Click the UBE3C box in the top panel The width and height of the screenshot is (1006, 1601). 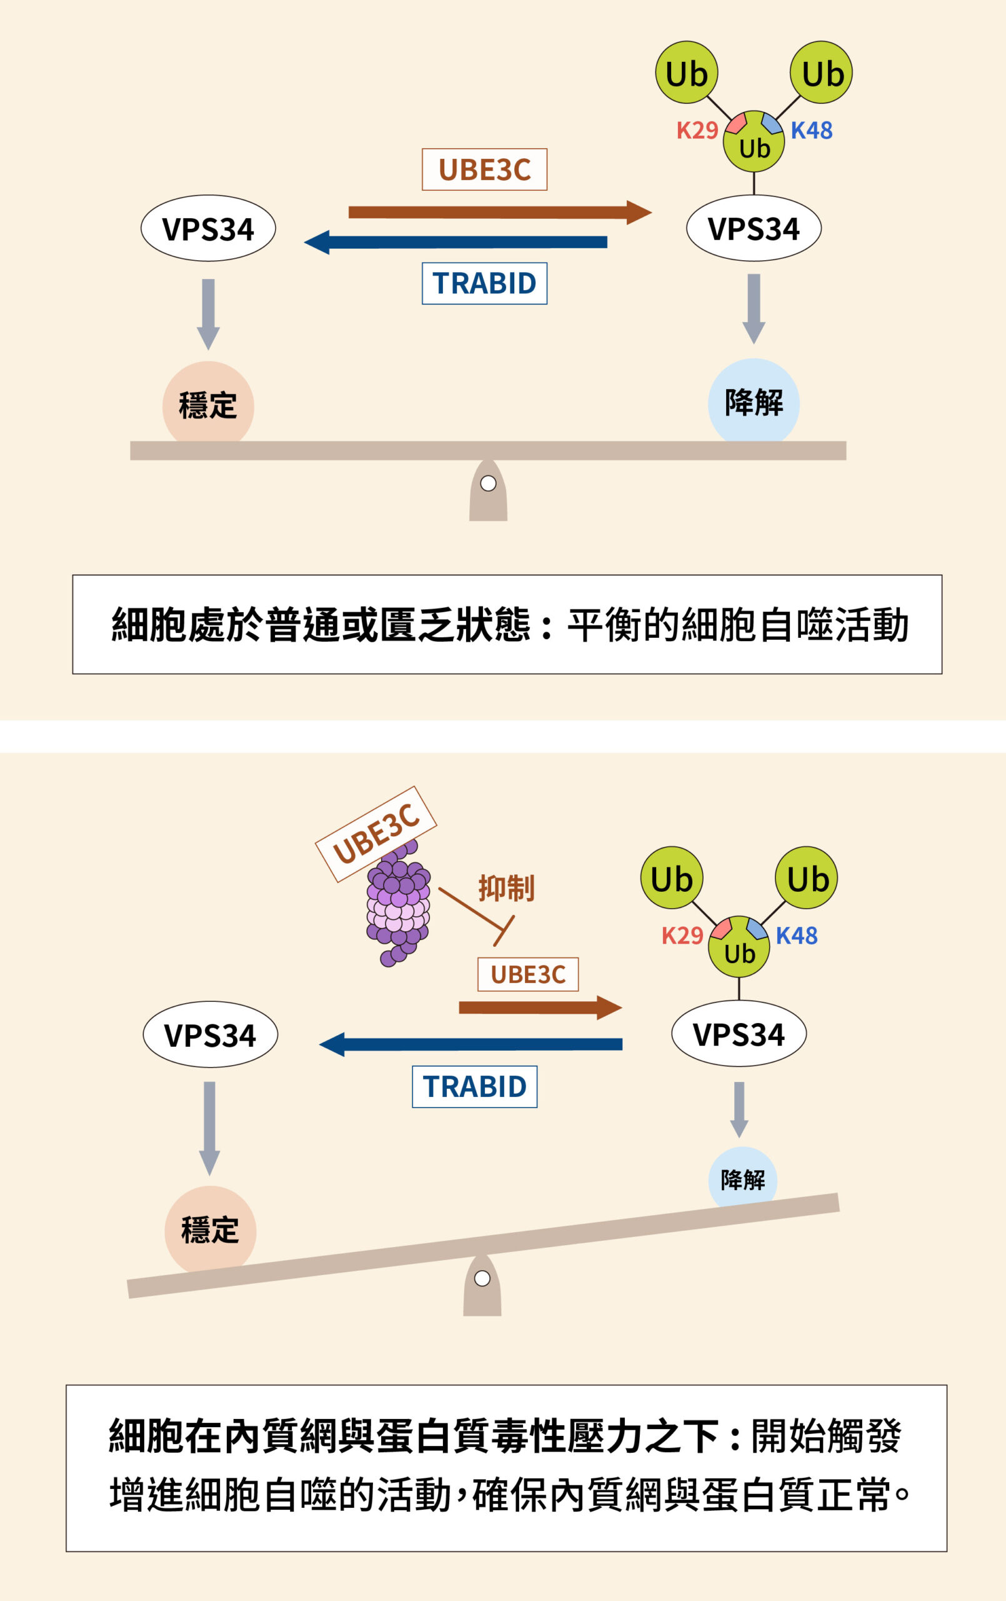tap(484, 169)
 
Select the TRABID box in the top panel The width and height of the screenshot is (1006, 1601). tap(484, 284)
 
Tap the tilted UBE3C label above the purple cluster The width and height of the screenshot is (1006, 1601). tap(376, 834)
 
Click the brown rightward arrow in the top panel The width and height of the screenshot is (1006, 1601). tap(499, 213)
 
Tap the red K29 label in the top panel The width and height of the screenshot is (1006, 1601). tap(697, 130)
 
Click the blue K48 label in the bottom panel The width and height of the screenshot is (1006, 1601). tap(797, 936)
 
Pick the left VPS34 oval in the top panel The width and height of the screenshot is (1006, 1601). tap(208, 229)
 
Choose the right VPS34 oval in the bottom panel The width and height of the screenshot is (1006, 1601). tap(739, 1034)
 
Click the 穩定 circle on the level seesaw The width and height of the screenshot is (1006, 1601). tap(208, 405)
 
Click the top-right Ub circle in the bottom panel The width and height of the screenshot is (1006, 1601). tap(807, 878)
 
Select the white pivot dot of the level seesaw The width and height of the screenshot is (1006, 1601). tap(489, 483)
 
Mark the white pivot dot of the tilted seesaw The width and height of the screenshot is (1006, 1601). tap(482, 1278)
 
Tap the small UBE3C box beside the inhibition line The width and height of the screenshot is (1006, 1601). tap(528, 975)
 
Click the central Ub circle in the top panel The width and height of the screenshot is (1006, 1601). tap(754, 143)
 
